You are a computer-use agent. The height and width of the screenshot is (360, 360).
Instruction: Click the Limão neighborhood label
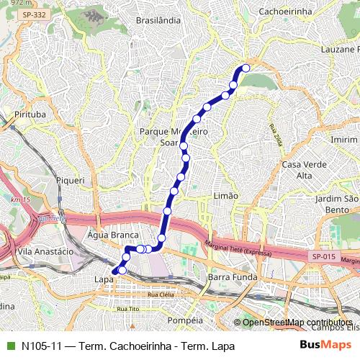pyautogui.click(x=226, y=196)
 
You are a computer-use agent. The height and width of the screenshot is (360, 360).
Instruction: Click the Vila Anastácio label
pyautogui.click(x=45, y=252)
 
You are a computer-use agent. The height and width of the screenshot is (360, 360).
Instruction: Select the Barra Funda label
pyautogui.click(x=228, y=276)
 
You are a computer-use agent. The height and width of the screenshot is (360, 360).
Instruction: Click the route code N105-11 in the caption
pyautogui.click(x=41, y=346)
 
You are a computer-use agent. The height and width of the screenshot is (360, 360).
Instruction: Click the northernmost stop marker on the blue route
pyautogui.click(x=246, y=68)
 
